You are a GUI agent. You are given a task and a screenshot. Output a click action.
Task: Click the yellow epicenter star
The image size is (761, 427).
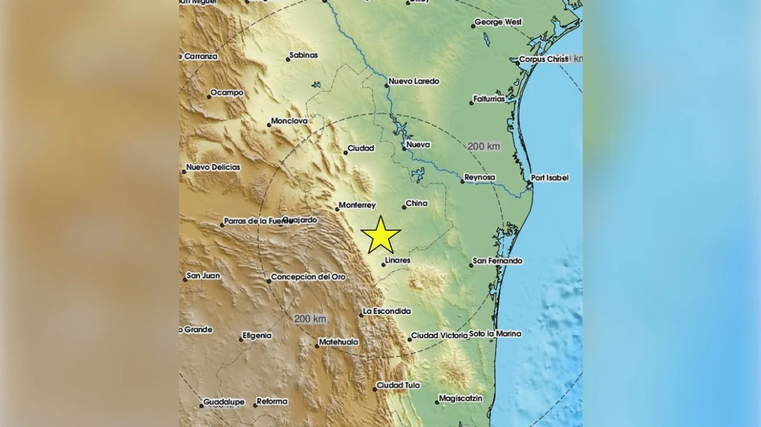click(380, 235)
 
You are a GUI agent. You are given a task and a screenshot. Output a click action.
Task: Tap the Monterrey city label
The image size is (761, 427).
click(358, 205)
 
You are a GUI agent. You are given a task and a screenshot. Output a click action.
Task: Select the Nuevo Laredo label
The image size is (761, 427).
click(414, 81)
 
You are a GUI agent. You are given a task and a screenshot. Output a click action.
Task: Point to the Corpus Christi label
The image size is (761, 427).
click(544, 59)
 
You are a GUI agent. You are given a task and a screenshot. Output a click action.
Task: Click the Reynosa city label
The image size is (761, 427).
click(480, 177)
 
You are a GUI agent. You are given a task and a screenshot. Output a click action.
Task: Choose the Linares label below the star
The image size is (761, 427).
click(398, 260)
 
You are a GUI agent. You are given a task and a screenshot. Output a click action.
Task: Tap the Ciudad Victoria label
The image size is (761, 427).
click(440, 336)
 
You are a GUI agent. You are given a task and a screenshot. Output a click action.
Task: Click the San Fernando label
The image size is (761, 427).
click(498, 261)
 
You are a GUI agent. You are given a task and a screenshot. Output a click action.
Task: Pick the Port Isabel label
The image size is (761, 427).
click(550, 178)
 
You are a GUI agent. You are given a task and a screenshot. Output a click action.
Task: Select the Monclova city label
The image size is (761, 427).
click(289, 122)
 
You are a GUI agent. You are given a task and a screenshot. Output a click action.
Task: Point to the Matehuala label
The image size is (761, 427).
click(339, 342)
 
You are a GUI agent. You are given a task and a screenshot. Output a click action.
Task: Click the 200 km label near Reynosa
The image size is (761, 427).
click(484, 146)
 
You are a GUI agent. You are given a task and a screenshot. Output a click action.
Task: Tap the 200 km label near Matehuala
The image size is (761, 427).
click(310, 319)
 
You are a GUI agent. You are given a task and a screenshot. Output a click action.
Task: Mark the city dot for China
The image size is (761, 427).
click(404, 207)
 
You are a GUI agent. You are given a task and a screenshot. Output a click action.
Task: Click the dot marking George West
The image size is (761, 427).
click(473, 26)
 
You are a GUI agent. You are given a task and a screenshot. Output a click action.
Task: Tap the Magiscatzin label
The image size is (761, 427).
click(461, 398)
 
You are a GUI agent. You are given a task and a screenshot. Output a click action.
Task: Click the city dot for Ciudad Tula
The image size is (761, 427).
click(375, 389)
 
